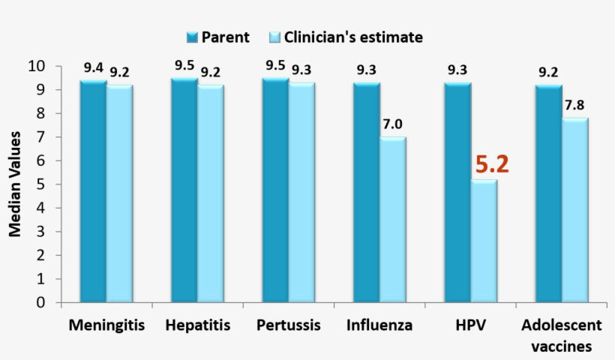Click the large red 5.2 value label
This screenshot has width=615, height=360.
[492, 164]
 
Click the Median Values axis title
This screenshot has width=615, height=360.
[15, 184]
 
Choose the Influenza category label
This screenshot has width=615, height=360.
[379, 325]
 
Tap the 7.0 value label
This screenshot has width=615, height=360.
[393, 124]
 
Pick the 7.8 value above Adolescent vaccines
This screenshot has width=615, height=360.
[575, 106]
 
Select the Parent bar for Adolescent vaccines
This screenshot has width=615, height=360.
[549, 194]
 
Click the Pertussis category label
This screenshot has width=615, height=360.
[289, 325]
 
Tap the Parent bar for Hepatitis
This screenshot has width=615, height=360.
[184, 190]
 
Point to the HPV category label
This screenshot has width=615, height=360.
[470, 325]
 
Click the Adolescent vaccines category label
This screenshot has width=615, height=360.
[561, 335]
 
